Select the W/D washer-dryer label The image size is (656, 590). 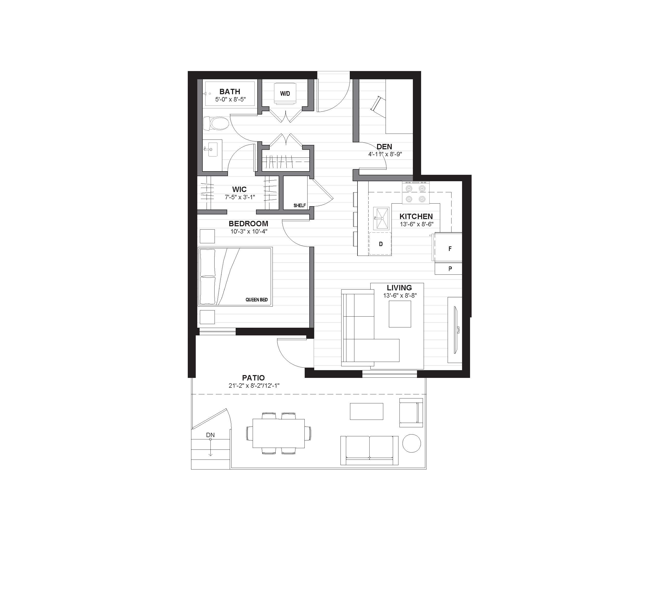[285, 94]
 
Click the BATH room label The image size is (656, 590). [230, 92]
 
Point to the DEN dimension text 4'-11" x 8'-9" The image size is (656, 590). [385, 154]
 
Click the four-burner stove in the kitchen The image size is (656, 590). [416, 193]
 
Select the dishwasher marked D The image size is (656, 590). [381, 244]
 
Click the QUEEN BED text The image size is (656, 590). [257, 300]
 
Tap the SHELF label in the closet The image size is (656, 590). [300, 205]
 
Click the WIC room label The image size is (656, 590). [239, 189]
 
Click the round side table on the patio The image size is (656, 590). [412, 443]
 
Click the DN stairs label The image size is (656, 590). [210, 435]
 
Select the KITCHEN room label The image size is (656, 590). [416, 216]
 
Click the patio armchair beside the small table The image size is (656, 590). [411, 413]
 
